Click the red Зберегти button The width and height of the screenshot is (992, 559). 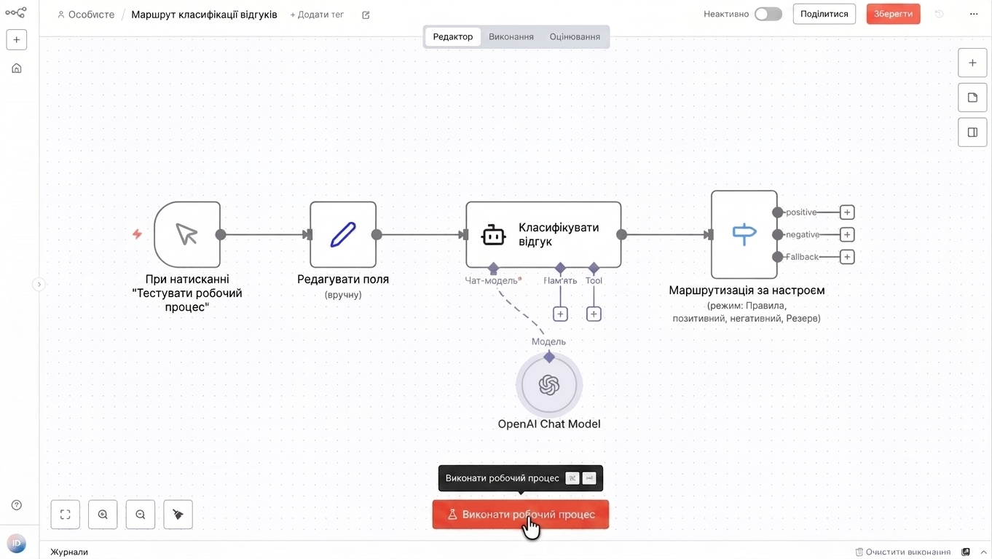[893, 14]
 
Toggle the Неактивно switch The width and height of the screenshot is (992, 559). [768, 14]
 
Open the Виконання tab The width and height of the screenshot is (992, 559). [511, 36]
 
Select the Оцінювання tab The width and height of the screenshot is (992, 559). [575, 36]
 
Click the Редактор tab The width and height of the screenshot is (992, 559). [452, 36]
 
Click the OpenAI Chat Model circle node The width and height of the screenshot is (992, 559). [548, 384]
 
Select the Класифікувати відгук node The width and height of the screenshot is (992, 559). [543, 234]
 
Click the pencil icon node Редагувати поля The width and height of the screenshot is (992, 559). [343, 234]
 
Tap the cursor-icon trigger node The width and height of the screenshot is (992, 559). [187, 234]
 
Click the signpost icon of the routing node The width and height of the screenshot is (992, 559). [744, 234]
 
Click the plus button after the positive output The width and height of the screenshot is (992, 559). [847, 213]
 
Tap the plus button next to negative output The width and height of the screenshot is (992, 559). [847, 234]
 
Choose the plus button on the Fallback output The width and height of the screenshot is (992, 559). [847, 257]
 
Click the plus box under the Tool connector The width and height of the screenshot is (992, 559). [594, 314]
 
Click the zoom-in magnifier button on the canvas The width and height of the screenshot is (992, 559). [103, 515]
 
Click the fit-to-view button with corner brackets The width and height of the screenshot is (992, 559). [65, 515]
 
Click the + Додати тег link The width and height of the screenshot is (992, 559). [317, 15]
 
